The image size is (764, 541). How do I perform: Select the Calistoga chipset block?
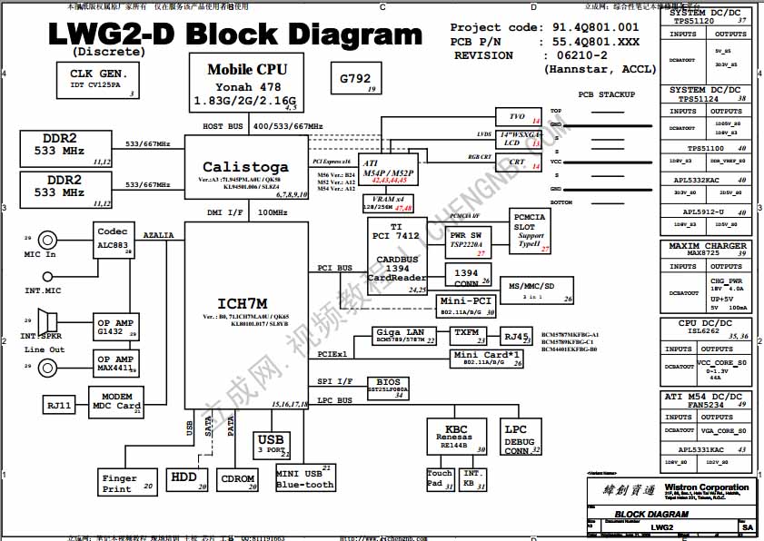tap(245, 168)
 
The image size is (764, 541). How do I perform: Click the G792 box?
tap(355, 80)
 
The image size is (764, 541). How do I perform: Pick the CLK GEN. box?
tap(94, 79)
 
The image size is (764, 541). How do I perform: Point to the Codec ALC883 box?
tap(114, 240)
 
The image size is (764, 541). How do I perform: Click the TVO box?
tap(519, 117)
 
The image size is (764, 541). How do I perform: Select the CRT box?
tap(519, 162)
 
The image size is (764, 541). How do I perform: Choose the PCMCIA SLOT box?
tap(530, 231)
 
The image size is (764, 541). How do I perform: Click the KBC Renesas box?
tap(456, 435)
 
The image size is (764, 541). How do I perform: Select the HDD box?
tap(185, 477)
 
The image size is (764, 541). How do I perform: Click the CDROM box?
tap(239, 478)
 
